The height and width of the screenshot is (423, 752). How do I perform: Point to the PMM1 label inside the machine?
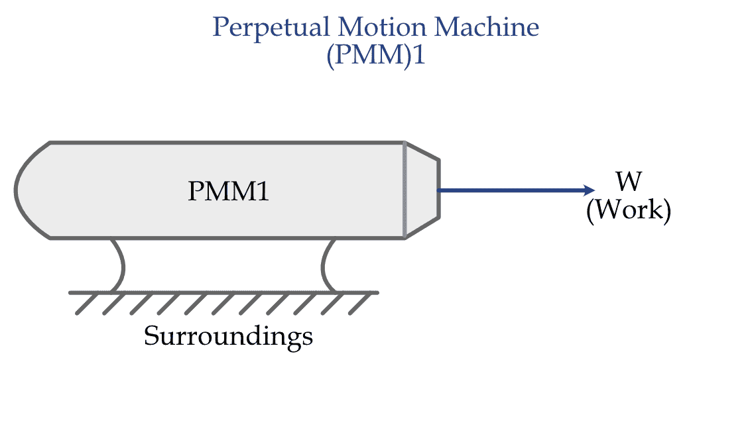point(228,192)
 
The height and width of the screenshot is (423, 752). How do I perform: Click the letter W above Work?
point(628,181)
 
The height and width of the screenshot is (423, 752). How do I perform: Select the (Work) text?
point(628,210)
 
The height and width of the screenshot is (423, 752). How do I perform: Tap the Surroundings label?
point(228,336)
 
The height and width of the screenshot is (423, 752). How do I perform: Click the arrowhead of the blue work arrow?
point(590,190)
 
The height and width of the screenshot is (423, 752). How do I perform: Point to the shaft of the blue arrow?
point(511,190)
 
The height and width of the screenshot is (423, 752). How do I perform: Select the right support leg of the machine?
point(327,265)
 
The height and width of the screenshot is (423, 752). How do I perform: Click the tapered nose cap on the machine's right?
point(422,190)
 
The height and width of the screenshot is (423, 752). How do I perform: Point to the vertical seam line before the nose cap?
point(405,190)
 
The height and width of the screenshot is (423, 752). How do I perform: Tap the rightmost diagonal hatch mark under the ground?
point(359,304)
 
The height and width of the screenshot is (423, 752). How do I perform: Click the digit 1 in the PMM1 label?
point(263,192)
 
